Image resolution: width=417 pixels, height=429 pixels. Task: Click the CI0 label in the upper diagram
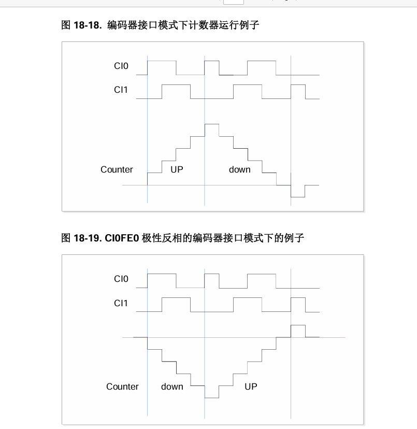coord(121,66)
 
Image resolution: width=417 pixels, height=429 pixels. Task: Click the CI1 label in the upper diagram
coord(121,90)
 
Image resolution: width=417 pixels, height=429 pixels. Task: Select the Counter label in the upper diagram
coord(117,169)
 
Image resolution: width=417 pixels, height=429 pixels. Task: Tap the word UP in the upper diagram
coord(177,169)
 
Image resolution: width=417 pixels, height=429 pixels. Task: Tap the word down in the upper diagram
coord(239,169)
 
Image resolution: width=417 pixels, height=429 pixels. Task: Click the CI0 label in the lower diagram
coord(121,279)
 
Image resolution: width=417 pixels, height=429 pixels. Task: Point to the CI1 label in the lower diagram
coord(121,303)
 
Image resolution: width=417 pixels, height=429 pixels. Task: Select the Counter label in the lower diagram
coord(122,387)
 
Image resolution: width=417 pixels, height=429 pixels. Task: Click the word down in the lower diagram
coord(172,387)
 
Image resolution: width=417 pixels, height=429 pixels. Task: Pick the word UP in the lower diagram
coord(251,387)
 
